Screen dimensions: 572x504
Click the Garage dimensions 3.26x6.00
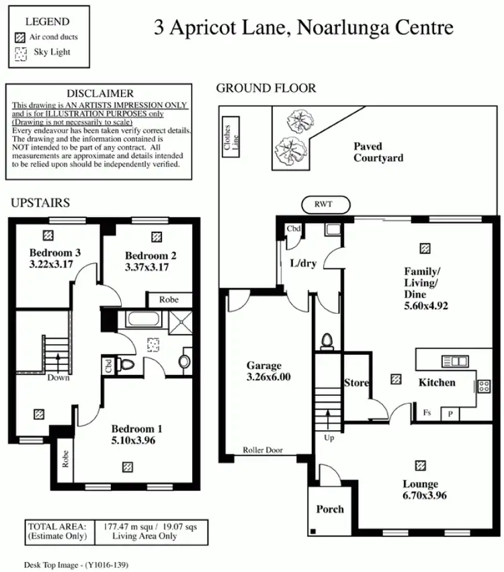pos(263,377)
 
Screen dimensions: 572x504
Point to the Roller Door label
pos(263,450)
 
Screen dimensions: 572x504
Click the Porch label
pos(330,509)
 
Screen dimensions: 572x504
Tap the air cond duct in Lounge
pos(421,465)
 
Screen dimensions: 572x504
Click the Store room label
pos(356,383)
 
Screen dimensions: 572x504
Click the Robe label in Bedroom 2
pos(169,300)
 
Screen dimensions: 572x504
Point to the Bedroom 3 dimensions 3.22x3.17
pos(55,265)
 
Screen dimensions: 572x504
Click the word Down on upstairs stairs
pos(58,378)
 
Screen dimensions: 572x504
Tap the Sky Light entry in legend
pos(52,52)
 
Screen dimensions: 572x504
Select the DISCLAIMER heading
pos(100,93)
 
